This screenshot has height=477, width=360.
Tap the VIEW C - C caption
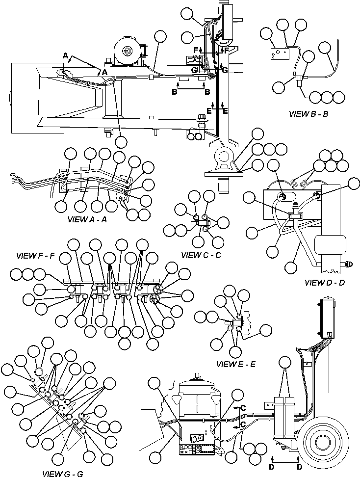tap(201, 255)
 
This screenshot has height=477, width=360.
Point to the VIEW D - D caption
tap(324, 283)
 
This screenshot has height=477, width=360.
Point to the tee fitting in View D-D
tap(295, 215)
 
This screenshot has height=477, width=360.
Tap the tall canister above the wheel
tap(326, 317)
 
